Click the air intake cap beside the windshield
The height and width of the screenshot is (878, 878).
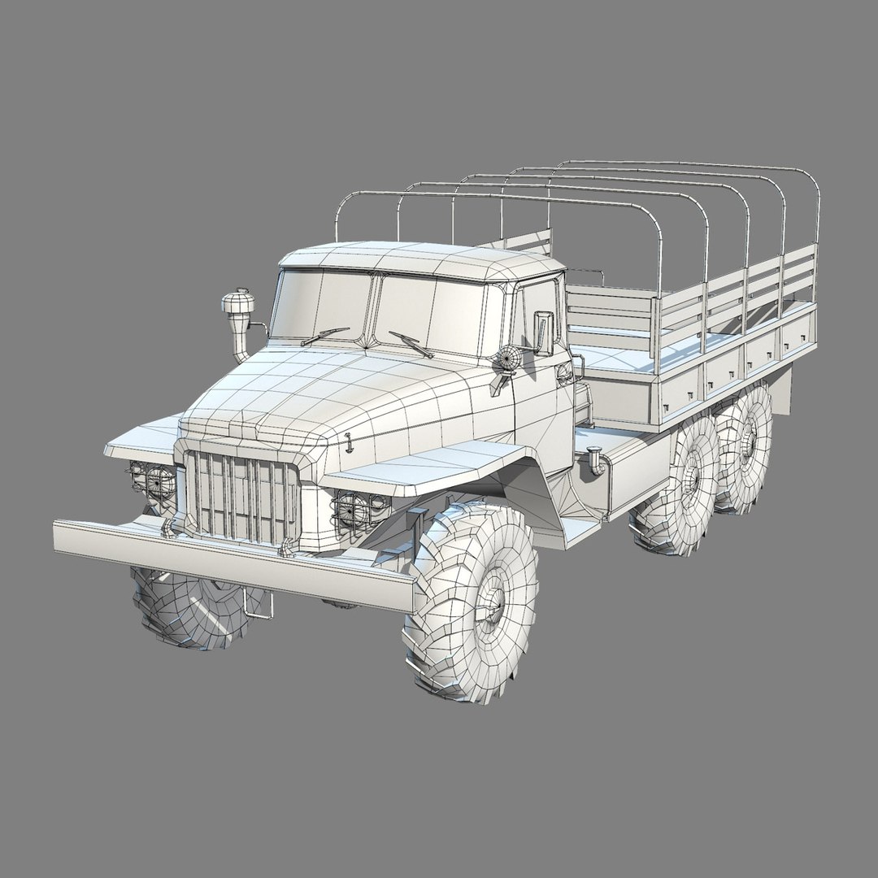(238, 304)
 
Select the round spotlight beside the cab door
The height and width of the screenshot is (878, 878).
(507, 359)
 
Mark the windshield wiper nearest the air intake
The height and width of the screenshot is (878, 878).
(324, 336)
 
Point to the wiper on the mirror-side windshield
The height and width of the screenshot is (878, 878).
(411, 344)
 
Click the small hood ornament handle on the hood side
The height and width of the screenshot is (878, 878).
(348, 444)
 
